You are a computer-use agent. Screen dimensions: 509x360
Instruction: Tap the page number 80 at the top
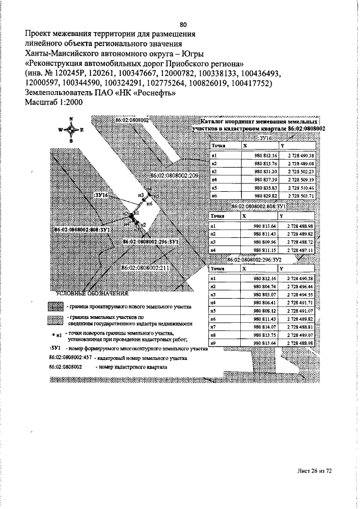[x=183, y=24]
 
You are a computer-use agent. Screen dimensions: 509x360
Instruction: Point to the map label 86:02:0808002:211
[x=146, y=269]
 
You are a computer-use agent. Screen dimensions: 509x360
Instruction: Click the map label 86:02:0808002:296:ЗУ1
[x=151, y=241]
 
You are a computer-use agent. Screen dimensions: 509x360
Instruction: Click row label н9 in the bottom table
[x=213, y=343]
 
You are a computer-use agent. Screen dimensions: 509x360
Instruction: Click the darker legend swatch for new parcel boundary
[x=56, y=307]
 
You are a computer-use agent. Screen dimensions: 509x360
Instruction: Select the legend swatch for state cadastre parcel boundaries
[x=56, y=321]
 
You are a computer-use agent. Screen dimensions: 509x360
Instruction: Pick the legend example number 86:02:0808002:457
[x=71, y=358]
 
